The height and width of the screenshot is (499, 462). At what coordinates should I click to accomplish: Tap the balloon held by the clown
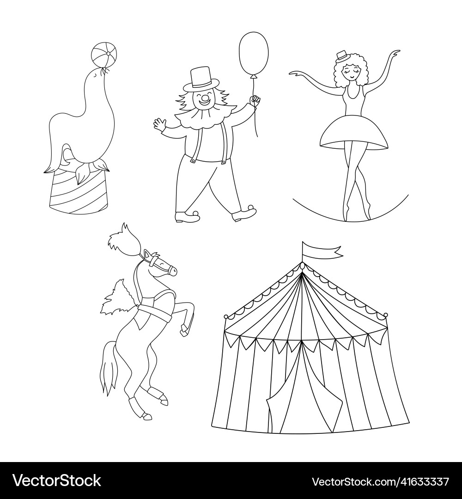pos(254,54)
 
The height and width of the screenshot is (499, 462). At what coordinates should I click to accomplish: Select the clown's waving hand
pos(159,123)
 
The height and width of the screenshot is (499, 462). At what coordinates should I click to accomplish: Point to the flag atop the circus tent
pos(322,249)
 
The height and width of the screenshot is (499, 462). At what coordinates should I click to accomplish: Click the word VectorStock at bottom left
pos(57,481)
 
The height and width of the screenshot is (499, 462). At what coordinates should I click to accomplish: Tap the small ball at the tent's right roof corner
pos(386,315)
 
